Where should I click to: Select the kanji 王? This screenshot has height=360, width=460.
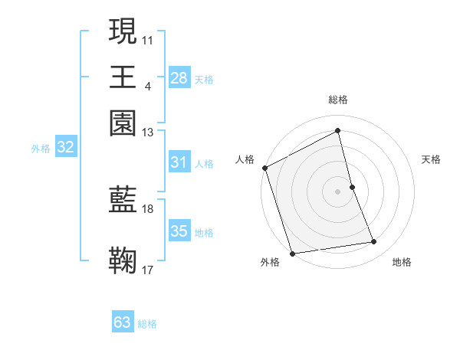coord(123,77)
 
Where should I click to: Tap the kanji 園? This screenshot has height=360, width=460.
coord(123,123)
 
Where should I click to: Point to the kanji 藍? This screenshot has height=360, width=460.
coord(123,200)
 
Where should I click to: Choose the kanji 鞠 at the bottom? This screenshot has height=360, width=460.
coord(123,260)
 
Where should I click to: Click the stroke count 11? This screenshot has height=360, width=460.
coord(148,39)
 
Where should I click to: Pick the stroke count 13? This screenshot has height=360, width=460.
coord(148,132)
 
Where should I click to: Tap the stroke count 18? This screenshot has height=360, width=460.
coord(148,208)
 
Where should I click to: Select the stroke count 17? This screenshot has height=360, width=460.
coord(148,270)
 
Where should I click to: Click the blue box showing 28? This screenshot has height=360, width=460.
coord(179,78)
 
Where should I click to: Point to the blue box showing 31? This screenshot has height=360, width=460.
coord(179,162)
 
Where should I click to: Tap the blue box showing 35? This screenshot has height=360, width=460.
coord(179,231)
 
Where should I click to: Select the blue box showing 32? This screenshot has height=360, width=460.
coord(65,148)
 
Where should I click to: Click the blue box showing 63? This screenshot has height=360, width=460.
coord(123,322)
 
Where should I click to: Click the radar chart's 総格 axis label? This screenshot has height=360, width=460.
coord(337,100)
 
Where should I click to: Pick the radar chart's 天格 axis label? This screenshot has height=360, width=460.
coord(432,159)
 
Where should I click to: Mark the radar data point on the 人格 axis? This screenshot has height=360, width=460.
coord(264,168)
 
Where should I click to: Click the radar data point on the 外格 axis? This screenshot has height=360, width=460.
coord(292,253)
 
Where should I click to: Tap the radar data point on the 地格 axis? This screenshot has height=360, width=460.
coord(374,242)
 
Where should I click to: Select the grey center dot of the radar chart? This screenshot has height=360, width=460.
coord(337,191)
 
